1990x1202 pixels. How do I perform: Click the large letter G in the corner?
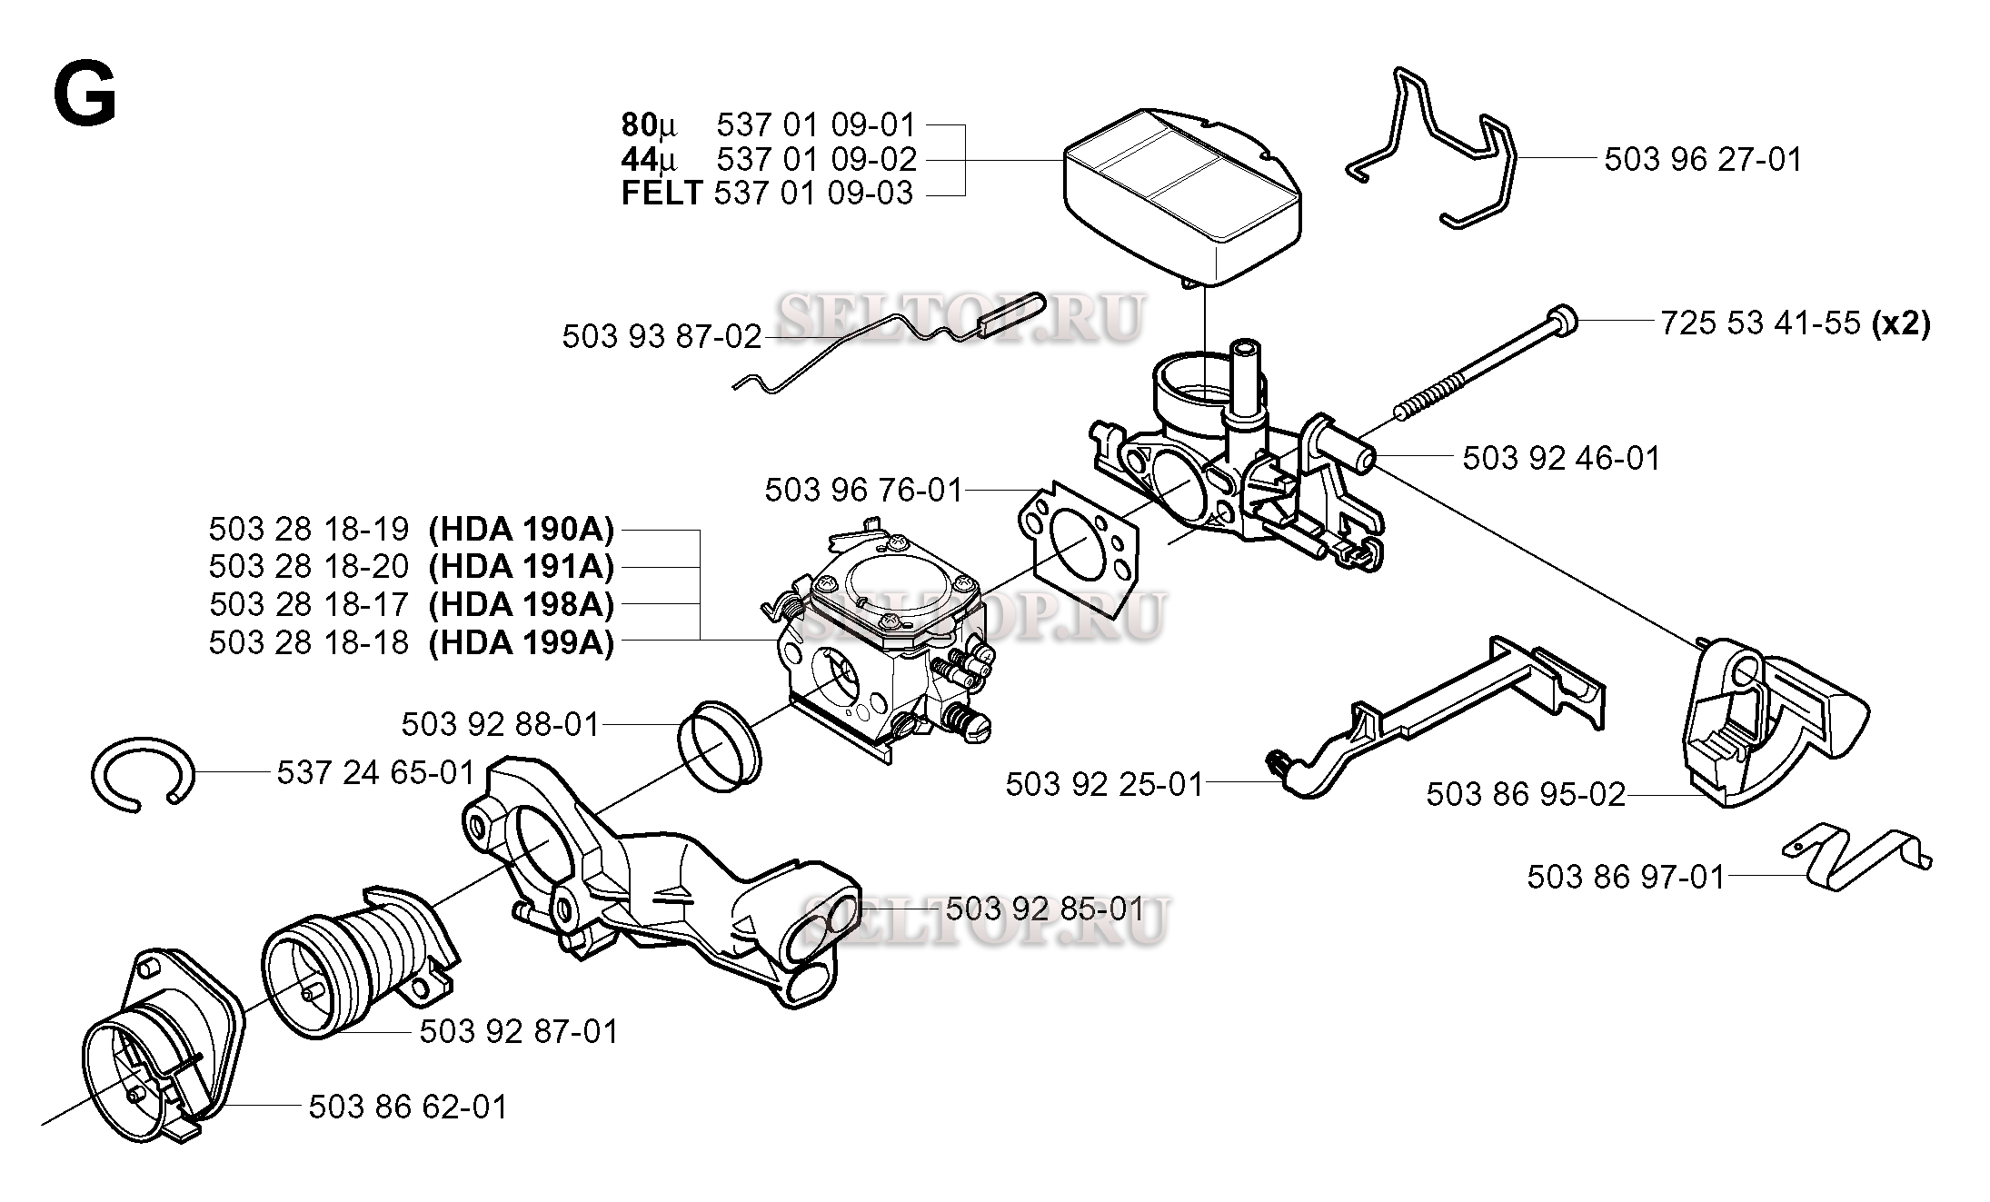tap(85, 97)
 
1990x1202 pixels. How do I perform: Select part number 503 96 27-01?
tap(1702, 160)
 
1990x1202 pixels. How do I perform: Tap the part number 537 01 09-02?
tap(816, 159)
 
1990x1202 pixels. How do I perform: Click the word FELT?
tap(662, 194)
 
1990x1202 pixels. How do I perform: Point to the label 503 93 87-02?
tap(662, 337)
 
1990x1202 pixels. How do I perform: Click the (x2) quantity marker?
tap(1901, 323)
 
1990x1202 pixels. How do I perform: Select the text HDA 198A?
tap(522, 604)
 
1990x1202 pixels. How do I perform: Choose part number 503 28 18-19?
tap(309, 529)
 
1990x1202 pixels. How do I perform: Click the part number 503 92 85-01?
tap(1045, 909)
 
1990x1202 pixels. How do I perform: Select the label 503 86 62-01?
tap(408, 1108)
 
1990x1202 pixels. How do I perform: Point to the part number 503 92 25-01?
tap(1103, 784)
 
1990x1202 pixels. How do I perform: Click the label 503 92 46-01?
tap(1560, 458)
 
